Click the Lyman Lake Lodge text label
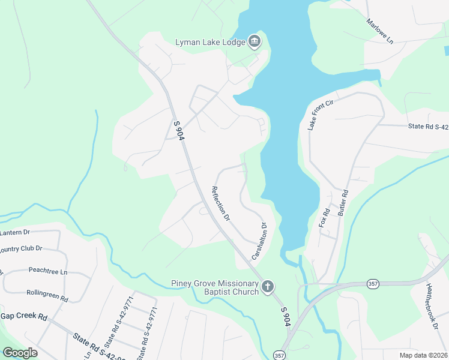pyautogui.click(x=210, y=42)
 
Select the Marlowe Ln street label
pyautogui.click(x=380, y=31)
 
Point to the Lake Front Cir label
pyautogui.click(x=320, y=115)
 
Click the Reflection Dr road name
pyautogui.click(x=220, y=204)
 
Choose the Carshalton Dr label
pyautogui.click(x=259, y=241)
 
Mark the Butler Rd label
pyautogui.click(x=343, y=203)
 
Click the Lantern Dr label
pyautogui.click(x=14, y=232)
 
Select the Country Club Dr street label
pyautogui.click(x=20, y=248)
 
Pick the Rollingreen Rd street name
pyautogui.click(x=47, y=295)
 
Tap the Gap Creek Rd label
pyautogui.click(x=23, y=316)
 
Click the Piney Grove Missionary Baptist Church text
pyautogui.click(x=214, y=287)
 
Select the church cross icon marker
pyautogui.click(x=268, y=287)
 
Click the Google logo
pyautogui.click(x=20, y=353)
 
